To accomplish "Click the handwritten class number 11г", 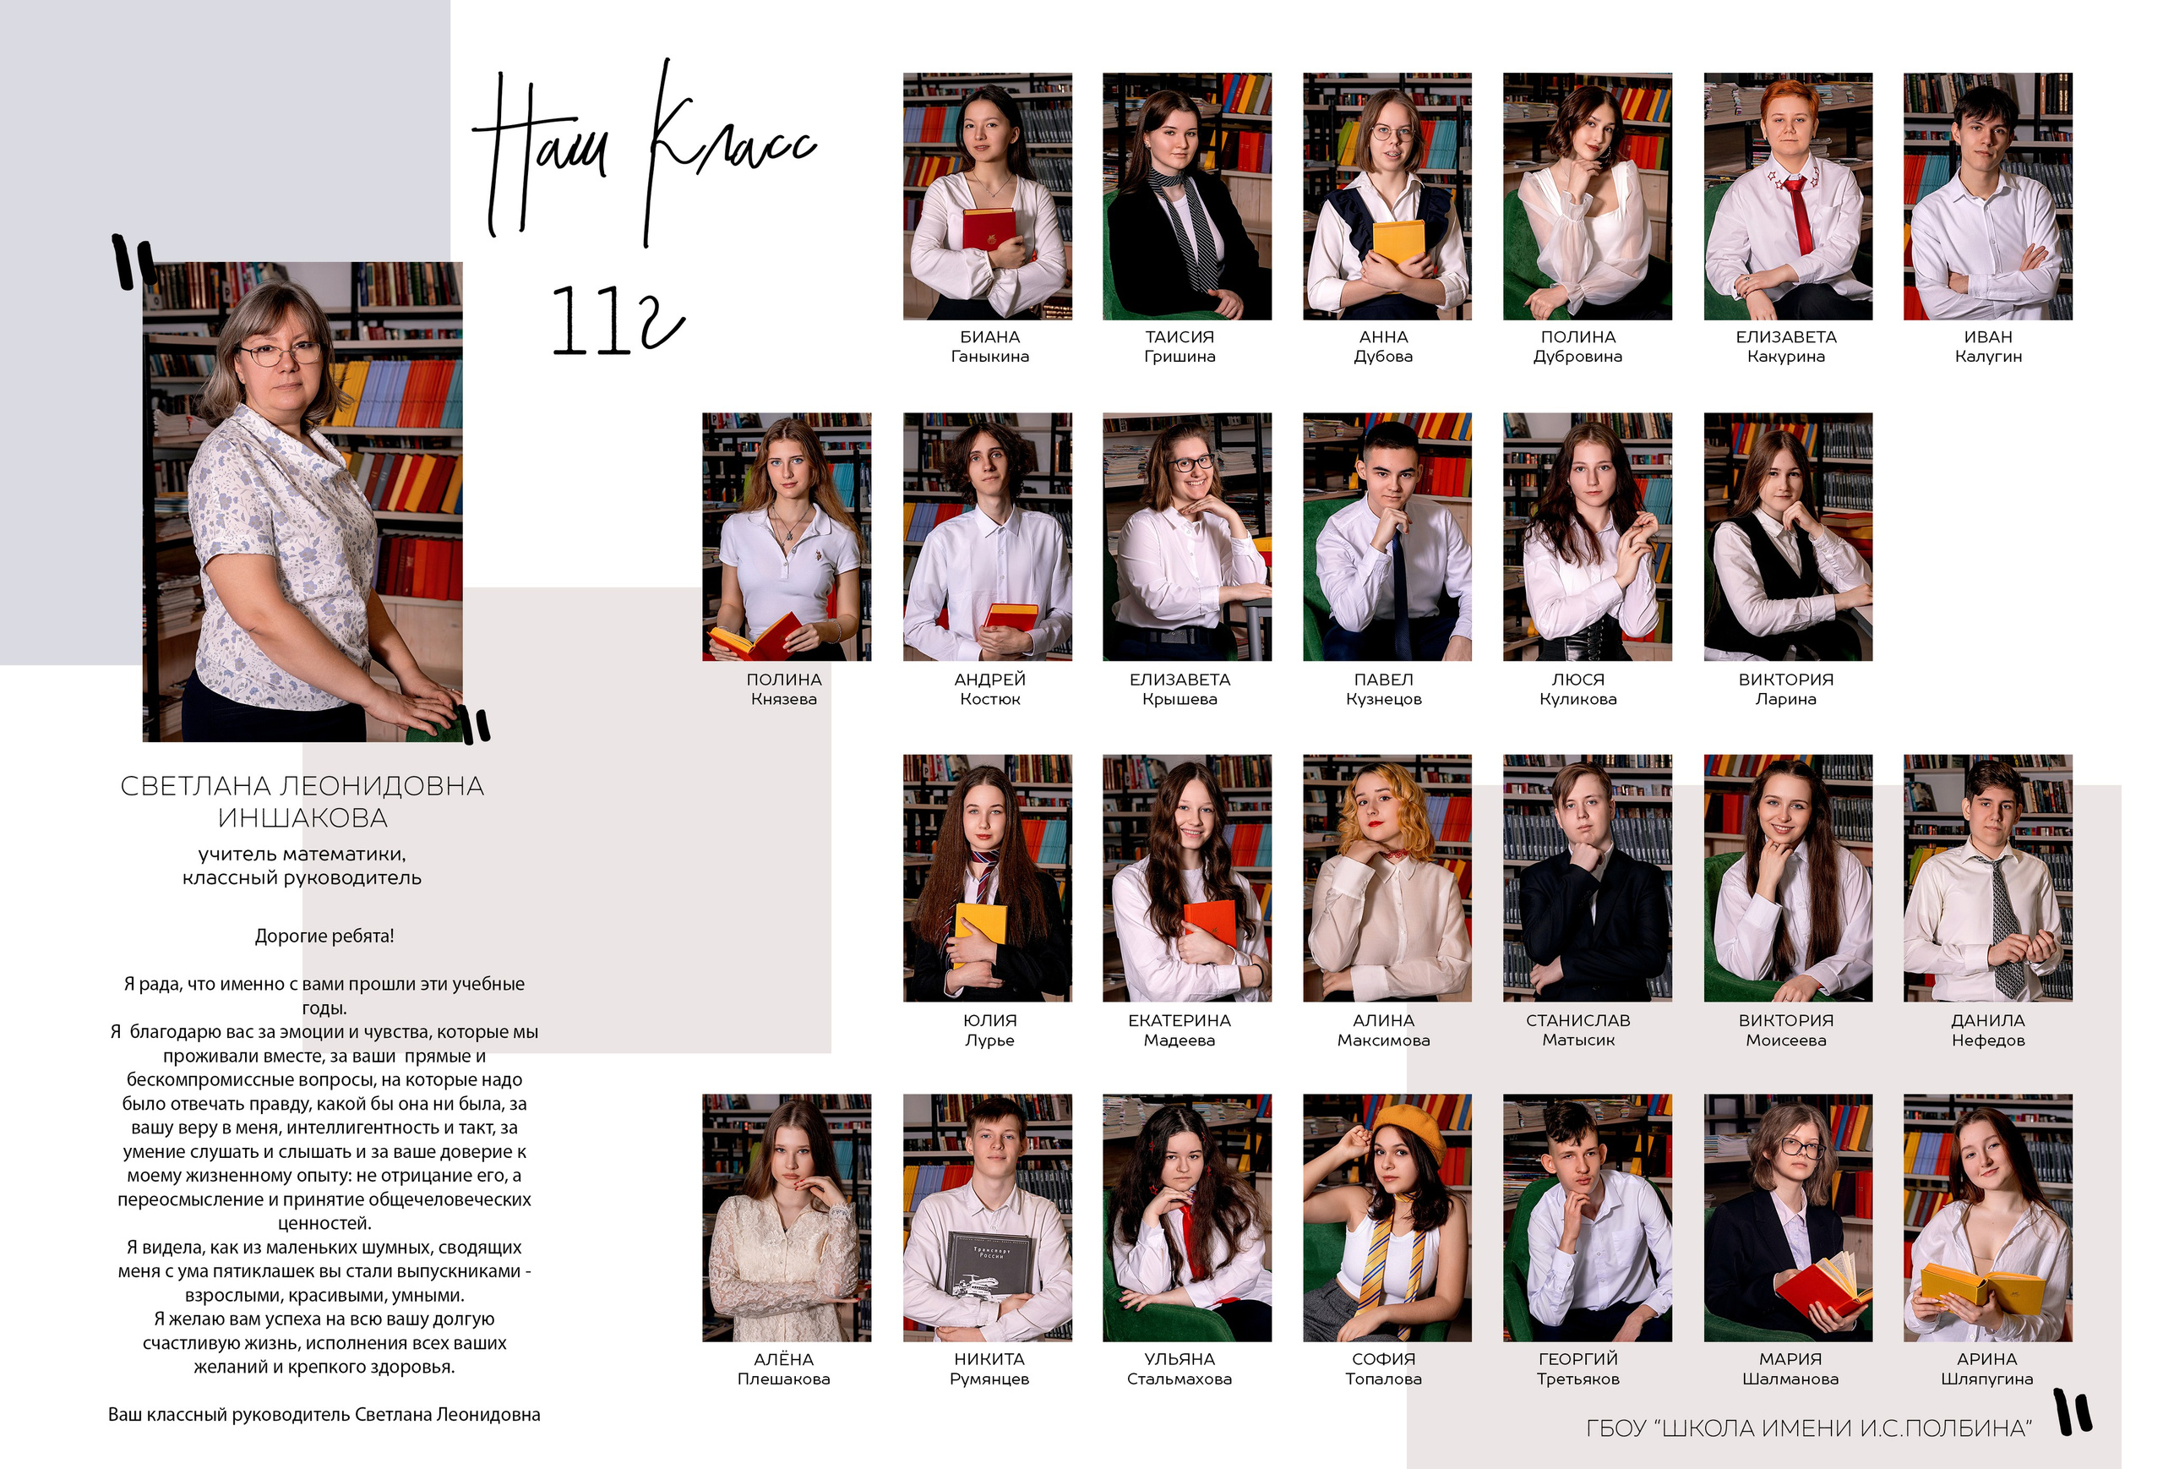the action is pos(618,321).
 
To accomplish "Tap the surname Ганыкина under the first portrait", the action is pos(989,357).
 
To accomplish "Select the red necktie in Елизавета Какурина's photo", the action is pos(1798,214).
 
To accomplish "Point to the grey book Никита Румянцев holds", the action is pos(989,1264).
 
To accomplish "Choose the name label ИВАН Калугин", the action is pos(1988,347).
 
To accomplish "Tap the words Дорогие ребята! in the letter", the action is pos(324,936).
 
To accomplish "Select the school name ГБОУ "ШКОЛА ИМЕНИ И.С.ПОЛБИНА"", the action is pos(1808,1428).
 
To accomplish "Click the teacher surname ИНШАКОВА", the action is pos(302,817).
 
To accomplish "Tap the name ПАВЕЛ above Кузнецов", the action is pos(1383,680).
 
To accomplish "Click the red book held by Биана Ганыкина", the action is pos(989,229).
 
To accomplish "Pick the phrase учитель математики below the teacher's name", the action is pos(302,854).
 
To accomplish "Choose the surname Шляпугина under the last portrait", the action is pos(1987,1379).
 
